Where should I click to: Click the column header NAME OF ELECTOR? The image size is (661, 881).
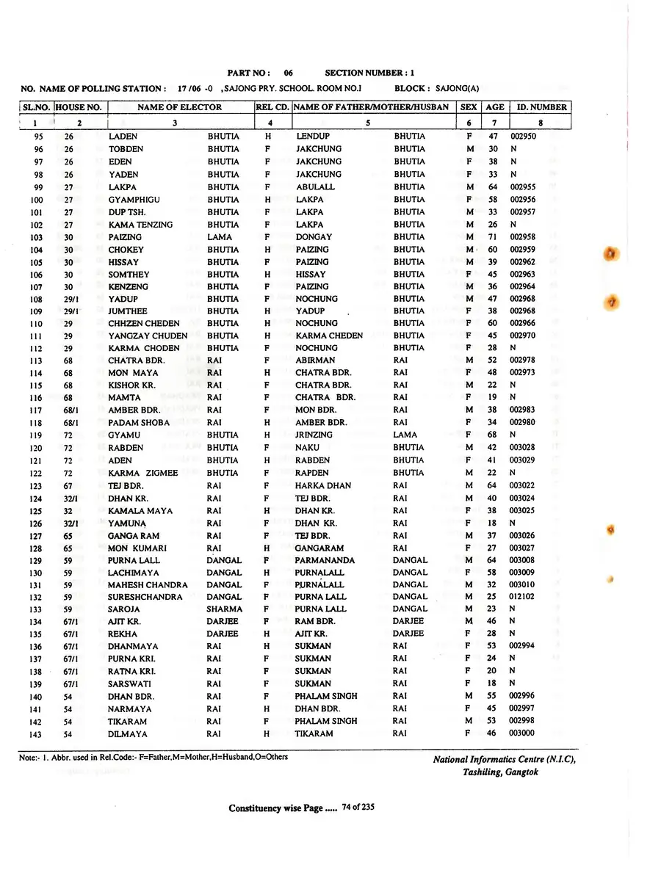click(179, 107)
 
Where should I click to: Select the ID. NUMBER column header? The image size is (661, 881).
click(542, 107)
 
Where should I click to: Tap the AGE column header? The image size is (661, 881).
click(494, 107)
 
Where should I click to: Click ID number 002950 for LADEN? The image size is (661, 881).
click(523, 137)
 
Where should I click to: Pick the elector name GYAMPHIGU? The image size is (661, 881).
click(134, 200)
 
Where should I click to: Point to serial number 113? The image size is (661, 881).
click(36, 360)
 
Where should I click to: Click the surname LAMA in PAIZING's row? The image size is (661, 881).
click(220, 237)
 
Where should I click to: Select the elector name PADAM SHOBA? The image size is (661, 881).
click(139, 423)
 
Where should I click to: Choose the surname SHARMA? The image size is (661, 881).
click(224, 609)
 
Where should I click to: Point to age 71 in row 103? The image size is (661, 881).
click(493, 237)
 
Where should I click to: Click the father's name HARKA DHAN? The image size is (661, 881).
click(323, 485)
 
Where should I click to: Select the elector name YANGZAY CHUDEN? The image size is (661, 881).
click(148, 336)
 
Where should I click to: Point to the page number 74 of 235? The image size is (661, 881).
click(358, 808)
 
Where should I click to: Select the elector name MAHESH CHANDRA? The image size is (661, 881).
click(148, 584)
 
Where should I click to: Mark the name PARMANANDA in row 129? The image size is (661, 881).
click(325, 560)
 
